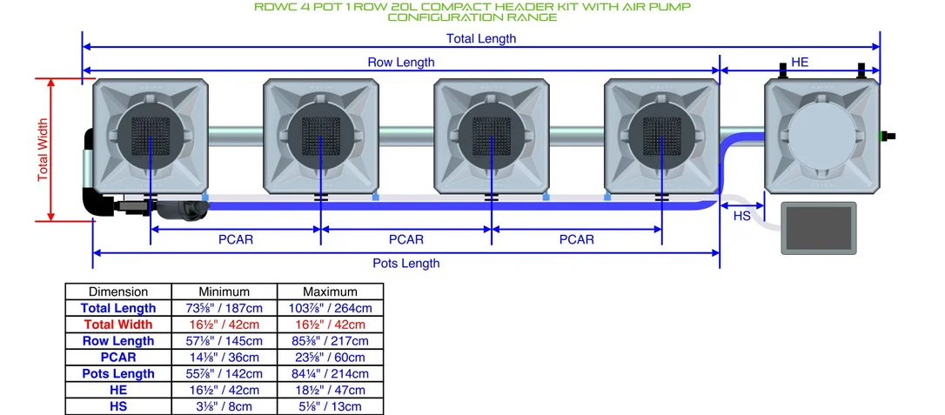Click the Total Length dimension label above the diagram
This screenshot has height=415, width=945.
click(481, 38)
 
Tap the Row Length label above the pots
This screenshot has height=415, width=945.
click(401, 62)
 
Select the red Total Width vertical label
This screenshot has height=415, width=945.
click(42, 150)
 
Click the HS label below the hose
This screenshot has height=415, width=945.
click(742, 216)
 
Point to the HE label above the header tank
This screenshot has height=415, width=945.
click(800, 62)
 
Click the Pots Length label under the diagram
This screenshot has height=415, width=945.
click(406, 264)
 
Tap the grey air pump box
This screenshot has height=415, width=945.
click(819, 228)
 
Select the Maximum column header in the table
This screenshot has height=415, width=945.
click(331, 291)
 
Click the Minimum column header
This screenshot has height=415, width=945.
click(225, 291)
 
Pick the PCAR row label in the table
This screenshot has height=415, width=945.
click(118, 358)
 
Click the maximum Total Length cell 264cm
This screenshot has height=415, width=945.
click(331, 308)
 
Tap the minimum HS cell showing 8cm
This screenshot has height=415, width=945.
click(225, 406)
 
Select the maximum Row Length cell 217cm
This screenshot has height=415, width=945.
click(331, 341)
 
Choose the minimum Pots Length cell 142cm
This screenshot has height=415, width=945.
click(225, 373)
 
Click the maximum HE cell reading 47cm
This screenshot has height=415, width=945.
click(331, 391)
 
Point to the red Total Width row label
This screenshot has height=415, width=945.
click(118, 324)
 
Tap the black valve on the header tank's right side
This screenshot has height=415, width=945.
click(888, 136)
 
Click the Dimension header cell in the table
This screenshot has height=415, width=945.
click(118, 291)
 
